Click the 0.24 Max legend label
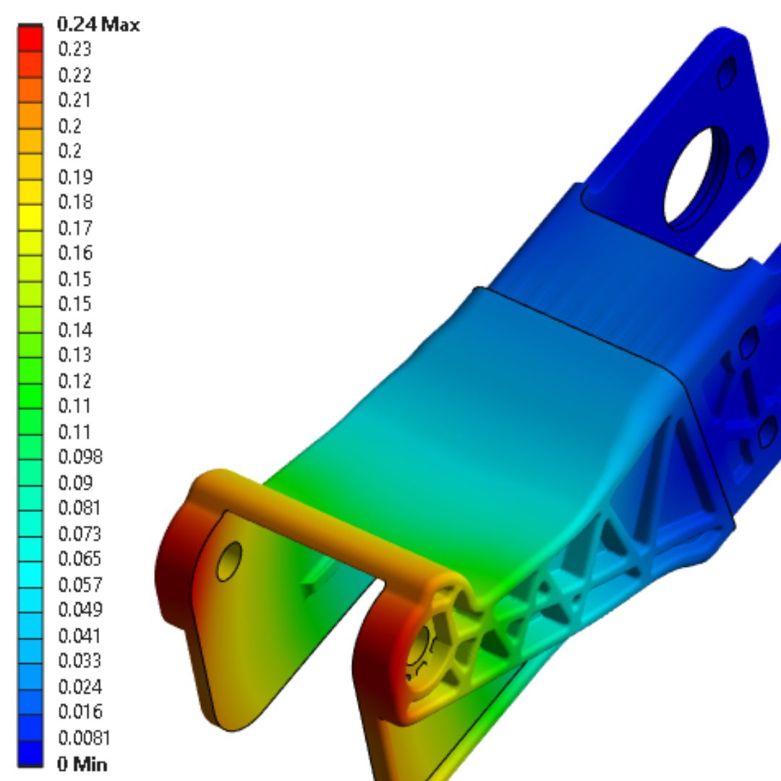pos(98,25)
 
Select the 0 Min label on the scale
pos(82,764)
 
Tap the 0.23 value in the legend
pos(74,50)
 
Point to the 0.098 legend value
pos(80,457)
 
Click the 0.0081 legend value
pos(84,738)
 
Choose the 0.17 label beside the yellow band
pos(74,228)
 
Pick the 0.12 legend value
pos(74,380)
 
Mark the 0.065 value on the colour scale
pos(80,559)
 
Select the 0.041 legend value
pos(80,636)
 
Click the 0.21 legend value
pos(74,101)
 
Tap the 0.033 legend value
pos(80,661)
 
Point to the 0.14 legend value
pos(74,330)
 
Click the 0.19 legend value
pos(74,177)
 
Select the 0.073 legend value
pos(80,534)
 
